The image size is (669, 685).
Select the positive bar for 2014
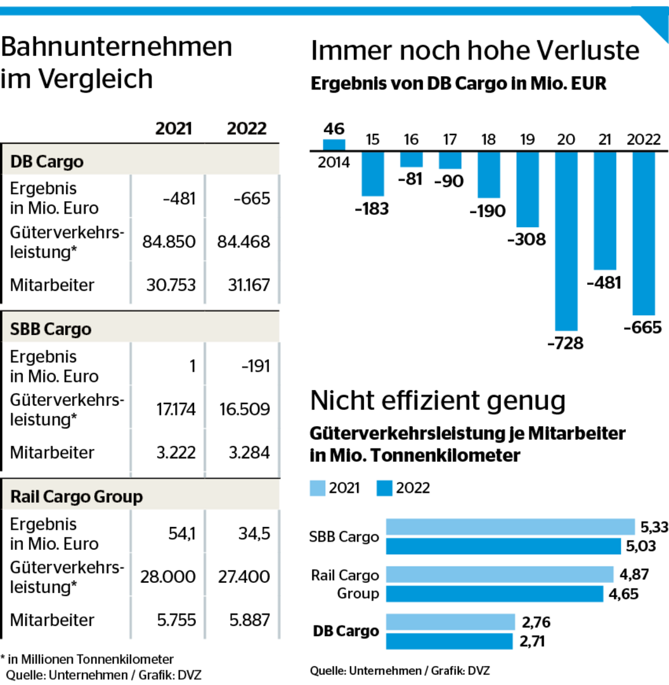tap(334, 145)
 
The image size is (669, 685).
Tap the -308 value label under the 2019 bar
tap(526, 240)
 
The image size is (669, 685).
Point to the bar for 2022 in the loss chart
tap(643, 233)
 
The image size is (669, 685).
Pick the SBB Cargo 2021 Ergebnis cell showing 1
tap(192, 367)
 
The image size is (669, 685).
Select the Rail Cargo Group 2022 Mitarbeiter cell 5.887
tap(248, 620)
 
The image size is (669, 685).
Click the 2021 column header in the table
tap(174, 128)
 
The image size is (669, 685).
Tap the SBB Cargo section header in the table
tap(51, 329)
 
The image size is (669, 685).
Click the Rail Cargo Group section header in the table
tap(77, 497)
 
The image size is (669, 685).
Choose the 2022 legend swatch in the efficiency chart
tap(384, 488)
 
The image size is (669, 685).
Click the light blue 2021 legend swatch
tap(318, 488)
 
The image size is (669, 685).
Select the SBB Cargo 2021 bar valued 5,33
tap(510, 526)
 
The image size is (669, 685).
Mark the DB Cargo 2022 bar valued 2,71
tap(449, 641)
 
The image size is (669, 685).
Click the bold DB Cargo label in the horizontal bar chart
tap(346, 631)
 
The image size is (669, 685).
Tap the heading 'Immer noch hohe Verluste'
tap(474, 51)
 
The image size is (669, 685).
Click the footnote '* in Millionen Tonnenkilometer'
tap(87, 660)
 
